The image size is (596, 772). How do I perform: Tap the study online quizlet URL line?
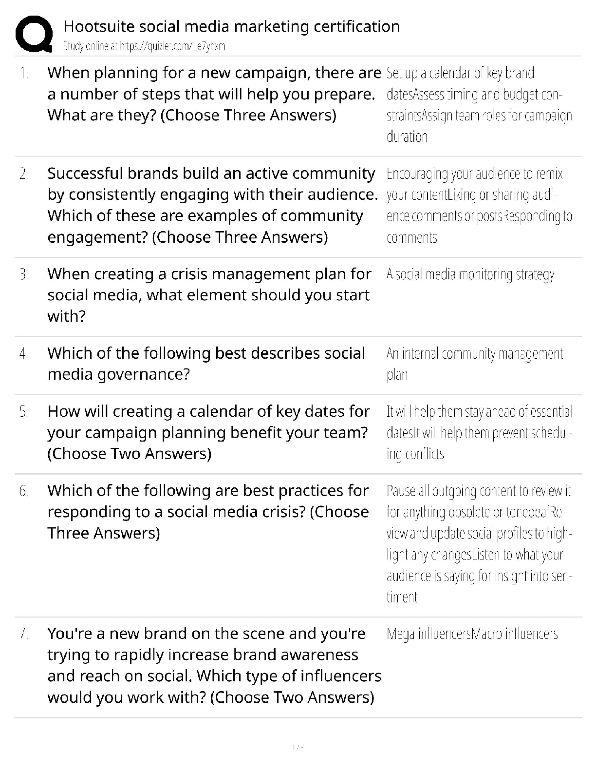pyautogui.click(x=144, y=46)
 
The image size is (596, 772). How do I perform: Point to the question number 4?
pyautogui.click(x=24, y=353)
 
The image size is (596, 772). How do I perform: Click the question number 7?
pyautogui.click(x=24, y=634)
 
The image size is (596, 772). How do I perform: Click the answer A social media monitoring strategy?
pyautogui.click(x=470, y=275)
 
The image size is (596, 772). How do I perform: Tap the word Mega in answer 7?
pyautogui.click(x=401, y=634)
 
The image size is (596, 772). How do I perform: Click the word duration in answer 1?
pyautogui.click(x=407, y=137)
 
